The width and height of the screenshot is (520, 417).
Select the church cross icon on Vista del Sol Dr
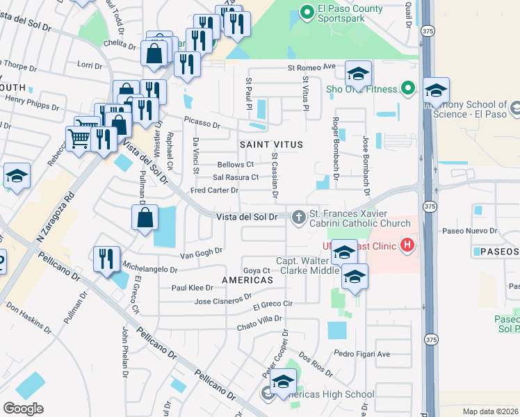pos(299,218)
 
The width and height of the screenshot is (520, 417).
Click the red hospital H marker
pos(407,245)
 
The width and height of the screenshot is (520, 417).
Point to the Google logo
pos(23,408)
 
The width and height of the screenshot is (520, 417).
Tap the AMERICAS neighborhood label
pos(247,279)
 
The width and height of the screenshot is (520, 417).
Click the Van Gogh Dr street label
pos(201,254)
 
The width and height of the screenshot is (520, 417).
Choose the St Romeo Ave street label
pos(312,67)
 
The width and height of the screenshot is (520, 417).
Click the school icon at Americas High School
pos(283,382)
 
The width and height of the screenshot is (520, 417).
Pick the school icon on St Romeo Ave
pos(358,73)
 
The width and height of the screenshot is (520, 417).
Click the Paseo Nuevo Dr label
pos(469,231)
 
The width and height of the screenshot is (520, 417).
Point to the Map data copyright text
pos(491,411)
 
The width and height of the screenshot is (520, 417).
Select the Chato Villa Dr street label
pos(259,323)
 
